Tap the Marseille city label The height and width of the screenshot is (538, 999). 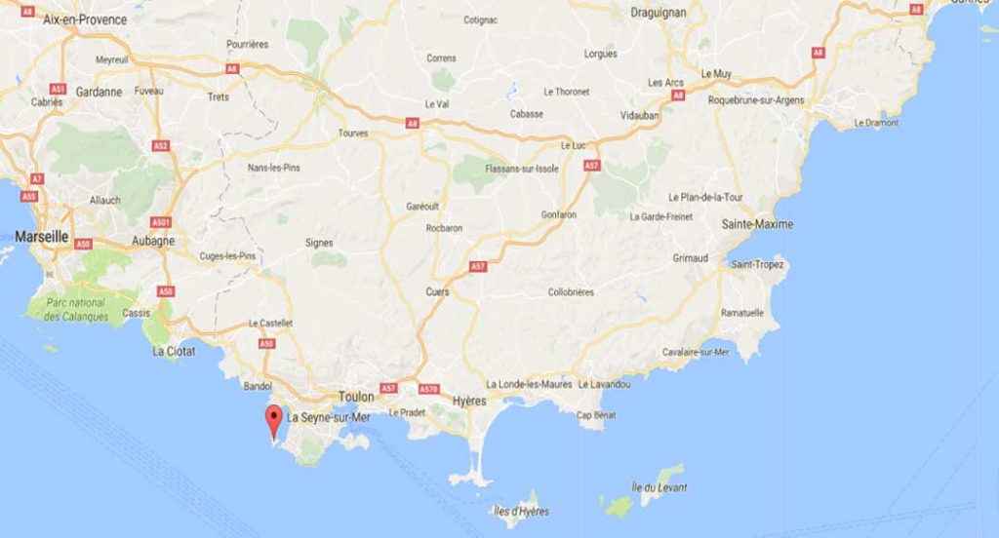41,236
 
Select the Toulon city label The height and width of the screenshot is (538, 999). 356,398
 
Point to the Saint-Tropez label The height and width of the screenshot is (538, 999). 758,264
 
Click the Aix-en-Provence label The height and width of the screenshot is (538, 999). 85,19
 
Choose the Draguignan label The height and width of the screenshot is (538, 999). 659,13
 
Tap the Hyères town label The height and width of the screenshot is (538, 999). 470,401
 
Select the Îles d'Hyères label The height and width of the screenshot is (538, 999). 521,512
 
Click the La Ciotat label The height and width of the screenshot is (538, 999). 173,351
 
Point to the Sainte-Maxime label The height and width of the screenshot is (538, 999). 757,224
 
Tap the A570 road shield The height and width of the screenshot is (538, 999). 428,389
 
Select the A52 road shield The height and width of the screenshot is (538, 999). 161,146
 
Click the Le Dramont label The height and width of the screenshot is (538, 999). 875,123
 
